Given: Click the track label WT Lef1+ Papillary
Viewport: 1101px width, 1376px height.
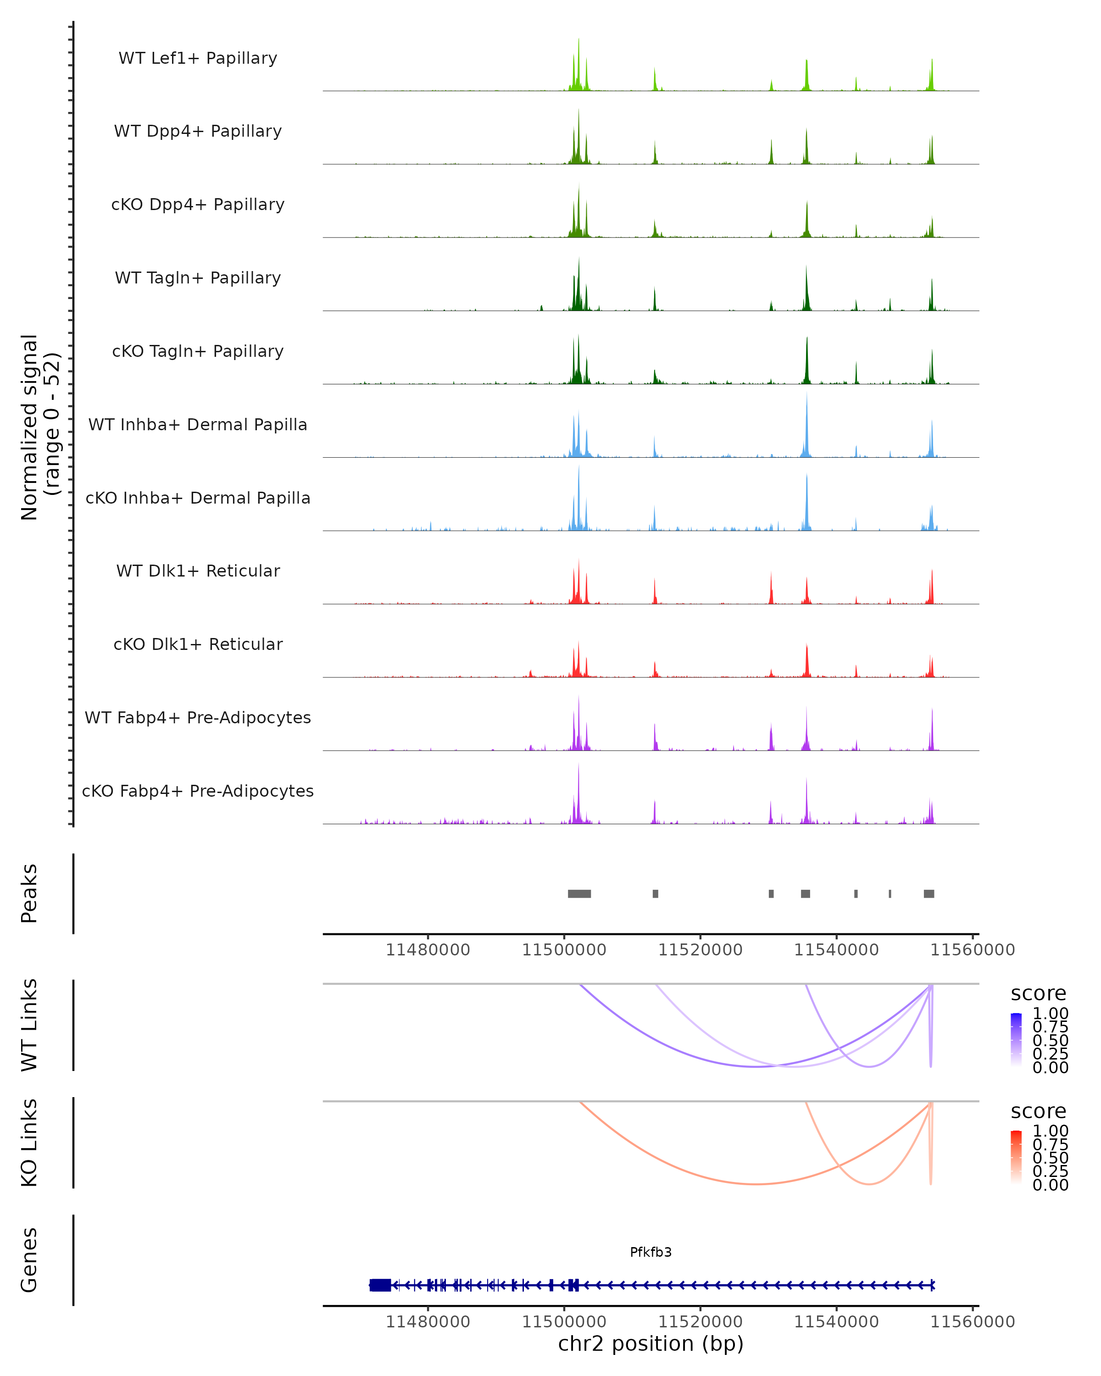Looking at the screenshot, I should point(198,58).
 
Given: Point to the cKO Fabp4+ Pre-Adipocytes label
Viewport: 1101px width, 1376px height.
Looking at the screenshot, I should point(198,791).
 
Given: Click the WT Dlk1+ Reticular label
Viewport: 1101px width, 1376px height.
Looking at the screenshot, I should point(198,571).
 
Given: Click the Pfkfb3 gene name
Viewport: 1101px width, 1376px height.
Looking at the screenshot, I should point(651,1252).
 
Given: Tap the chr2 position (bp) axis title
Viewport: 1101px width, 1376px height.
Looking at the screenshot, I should point(651,1343).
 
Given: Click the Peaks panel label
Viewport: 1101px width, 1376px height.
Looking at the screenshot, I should point(29,893).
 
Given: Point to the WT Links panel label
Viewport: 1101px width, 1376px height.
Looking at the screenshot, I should point(29,1025).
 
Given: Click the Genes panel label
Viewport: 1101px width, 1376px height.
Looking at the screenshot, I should point(29,1260).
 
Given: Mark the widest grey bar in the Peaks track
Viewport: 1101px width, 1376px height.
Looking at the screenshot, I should point(579,893).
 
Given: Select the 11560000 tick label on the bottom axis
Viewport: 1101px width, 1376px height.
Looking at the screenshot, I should point(972,1322).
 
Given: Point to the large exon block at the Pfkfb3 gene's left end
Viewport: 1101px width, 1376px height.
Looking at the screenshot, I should point(380,1285).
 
